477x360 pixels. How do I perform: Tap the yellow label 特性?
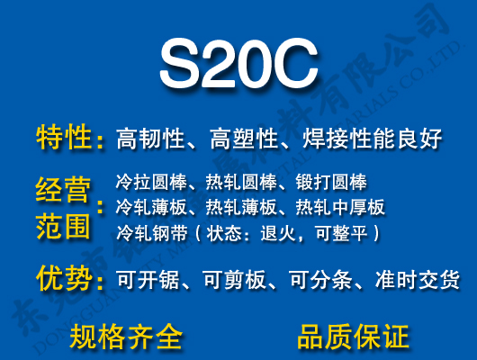(64, 138)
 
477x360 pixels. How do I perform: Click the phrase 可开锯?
(150, 280)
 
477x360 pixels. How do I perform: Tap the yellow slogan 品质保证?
(353, 336)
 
